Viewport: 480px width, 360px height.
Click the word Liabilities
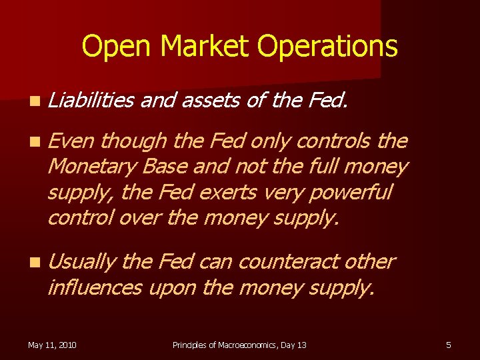[91, 101]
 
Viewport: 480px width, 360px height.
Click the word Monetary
[95, 166]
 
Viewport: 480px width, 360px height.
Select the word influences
[94, 287]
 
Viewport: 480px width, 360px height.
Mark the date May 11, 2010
[52, 345]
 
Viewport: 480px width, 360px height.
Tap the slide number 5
[449, 345]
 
